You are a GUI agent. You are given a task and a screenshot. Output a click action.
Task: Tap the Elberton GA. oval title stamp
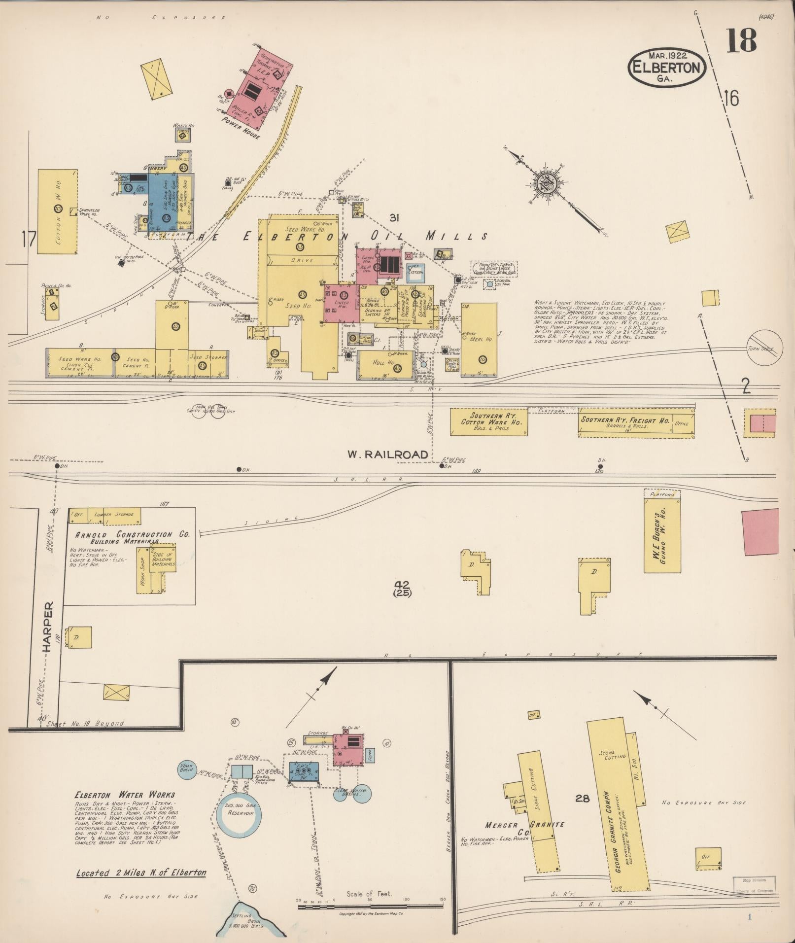(x=666, y=68)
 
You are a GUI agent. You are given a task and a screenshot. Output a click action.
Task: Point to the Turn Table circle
(x=764, y=348)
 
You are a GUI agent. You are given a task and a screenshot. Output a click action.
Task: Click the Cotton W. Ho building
(x=58, y=212)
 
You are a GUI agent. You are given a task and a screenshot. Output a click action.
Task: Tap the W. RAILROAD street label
(x=387, y=454)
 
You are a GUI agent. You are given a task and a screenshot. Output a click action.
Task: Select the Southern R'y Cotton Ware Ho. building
(x=488, y=421)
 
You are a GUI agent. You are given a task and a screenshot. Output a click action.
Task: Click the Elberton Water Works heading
(x=125, y=795)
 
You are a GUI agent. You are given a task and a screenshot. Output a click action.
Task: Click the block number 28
(x=582, y=798)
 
